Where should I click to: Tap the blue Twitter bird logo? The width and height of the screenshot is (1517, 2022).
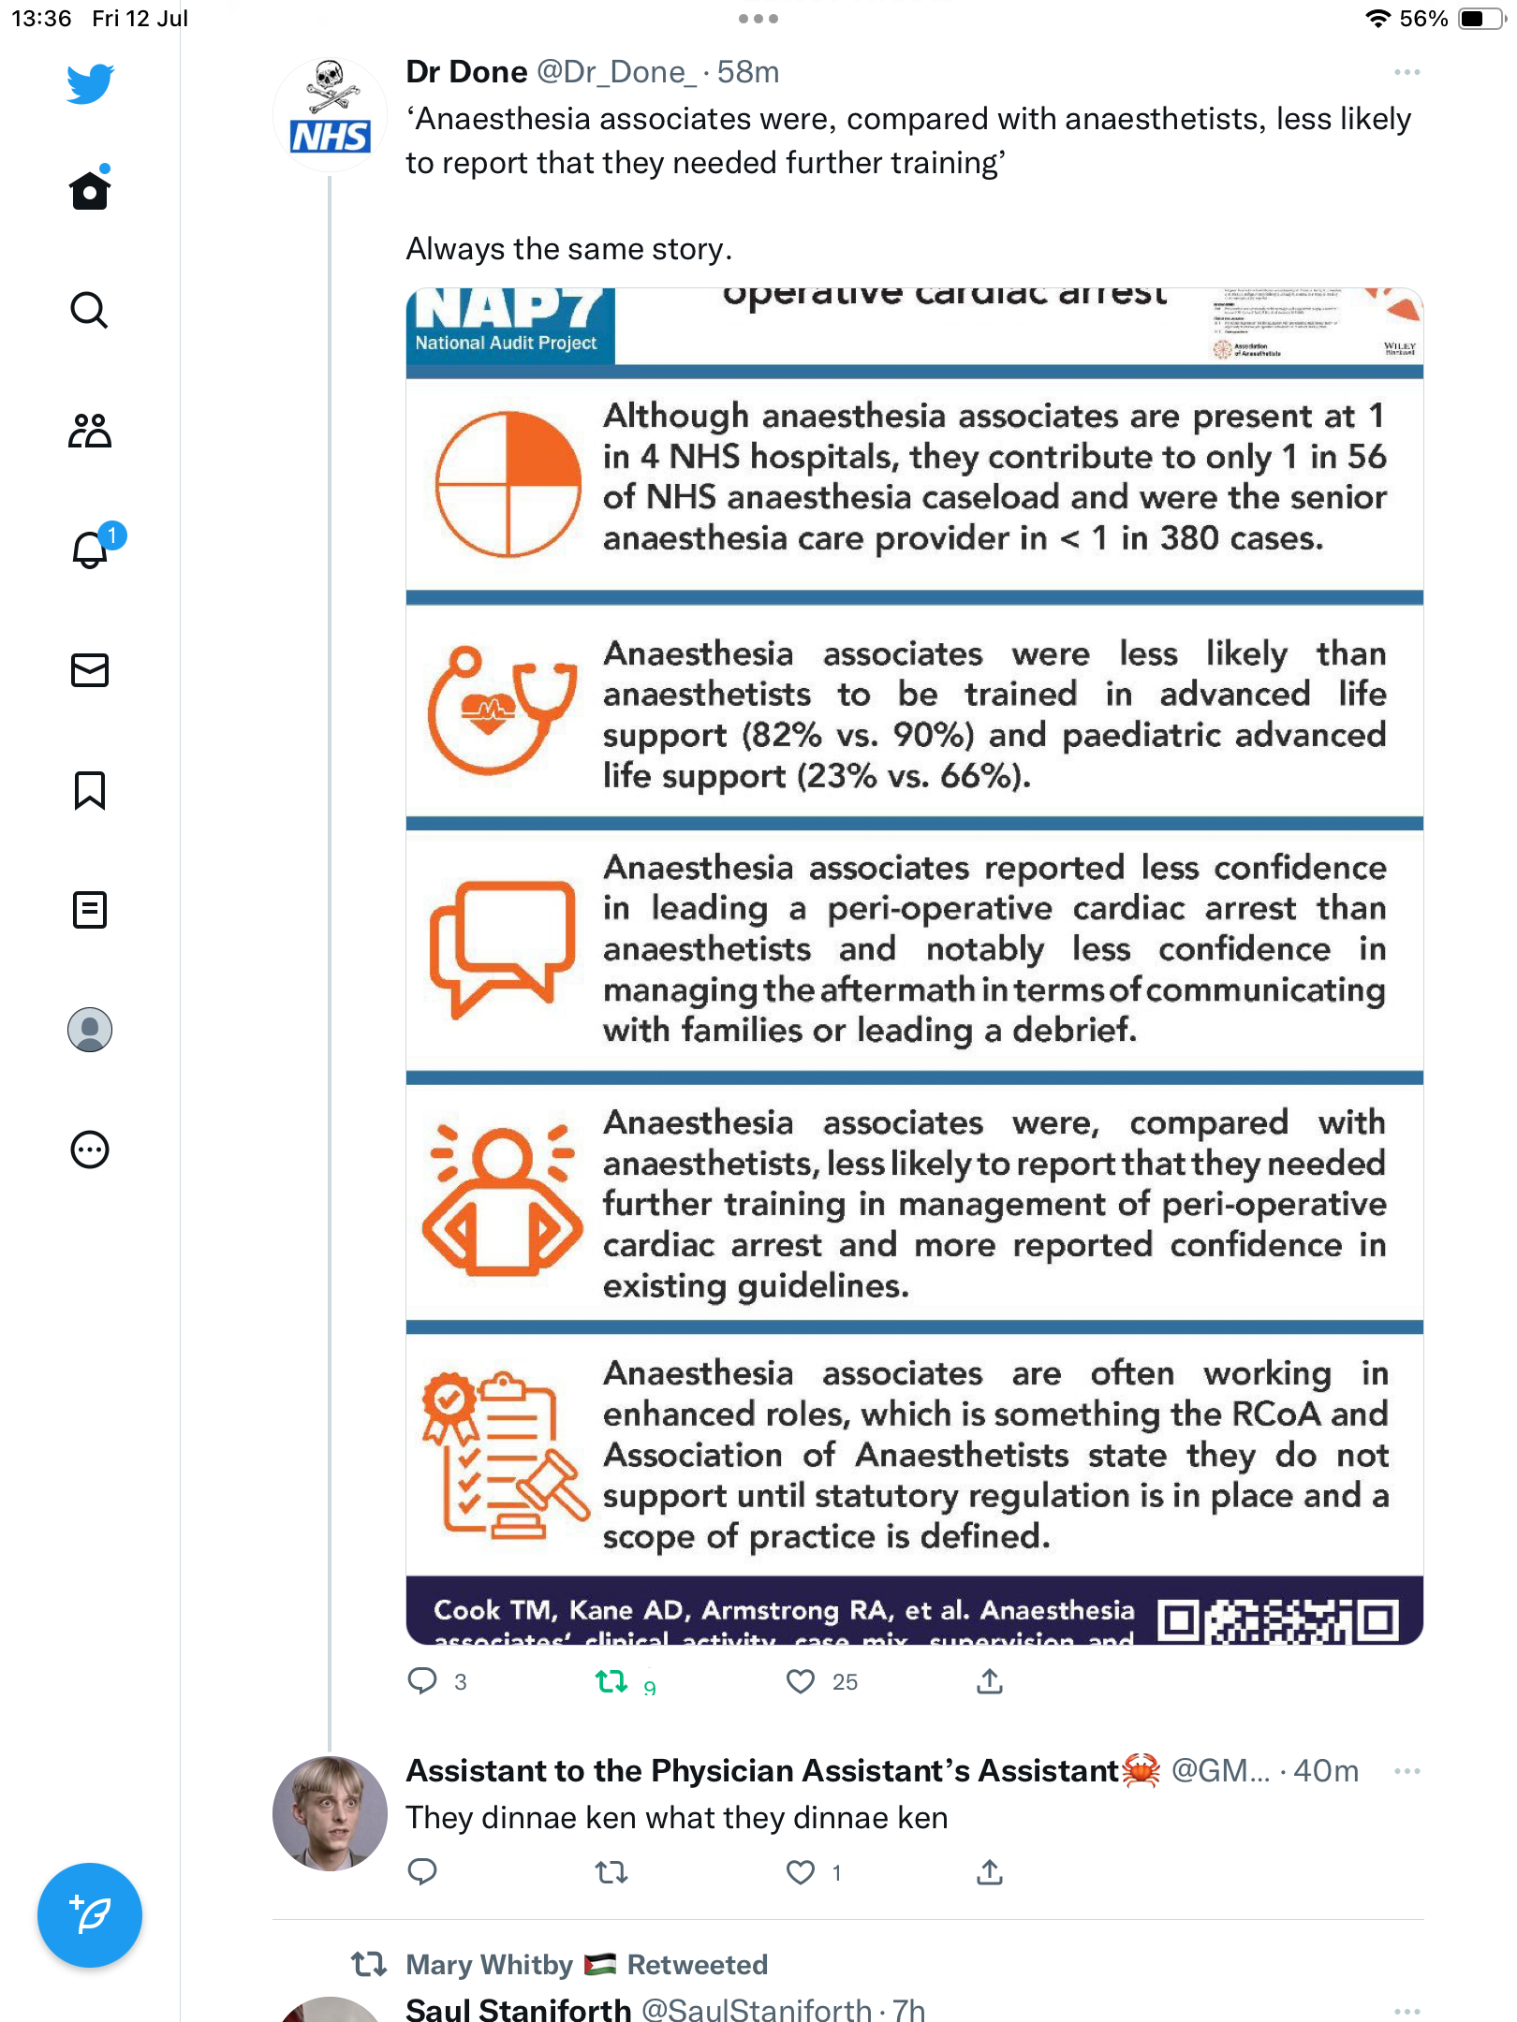click(x=90, y=84)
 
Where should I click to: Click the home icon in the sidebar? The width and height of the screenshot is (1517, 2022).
click(x=90, y=191)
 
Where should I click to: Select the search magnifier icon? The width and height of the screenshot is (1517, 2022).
click(x=90, y=310)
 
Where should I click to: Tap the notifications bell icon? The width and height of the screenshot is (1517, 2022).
click(x=91, y=549)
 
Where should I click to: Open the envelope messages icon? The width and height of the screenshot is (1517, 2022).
click(x=90, y=670)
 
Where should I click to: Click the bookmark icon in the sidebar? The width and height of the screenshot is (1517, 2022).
click(x=90, y=790)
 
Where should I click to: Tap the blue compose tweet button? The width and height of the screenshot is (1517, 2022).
click(x=90, y=1914)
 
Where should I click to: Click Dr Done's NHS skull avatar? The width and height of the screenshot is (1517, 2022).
click(x=330, y=115)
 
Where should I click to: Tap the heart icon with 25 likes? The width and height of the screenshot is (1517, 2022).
click(x=801, y=1681)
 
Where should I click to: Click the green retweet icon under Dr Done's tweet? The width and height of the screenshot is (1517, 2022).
click(x=611, y=1681)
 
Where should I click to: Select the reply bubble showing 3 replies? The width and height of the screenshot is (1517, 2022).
click(x=422, y=1681)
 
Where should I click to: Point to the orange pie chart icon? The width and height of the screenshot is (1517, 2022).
click(x=508, y=484)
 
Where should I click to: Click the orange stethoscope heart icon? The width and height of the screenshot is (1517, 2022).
click(x=502, y=710)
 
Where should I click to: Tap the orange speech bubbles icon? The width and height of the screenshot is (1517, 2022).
click(x=502, y=946)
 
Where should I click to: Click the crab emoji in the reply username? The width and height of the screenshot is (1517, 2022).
click(x=1141, y=1770)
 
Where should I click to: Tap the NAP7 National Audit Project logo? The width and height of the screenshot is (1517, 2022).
click(x=510, y=324)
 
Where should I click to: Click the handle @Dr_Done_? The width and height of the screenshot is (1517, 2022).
click(x=615, y=72)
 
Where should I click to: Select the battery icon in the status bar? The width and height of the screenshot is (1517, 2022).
click(x=1480, y=19)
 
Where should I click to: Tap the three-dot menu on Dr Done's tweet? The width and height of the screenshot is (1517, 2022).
click(x=1407, y=72)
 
